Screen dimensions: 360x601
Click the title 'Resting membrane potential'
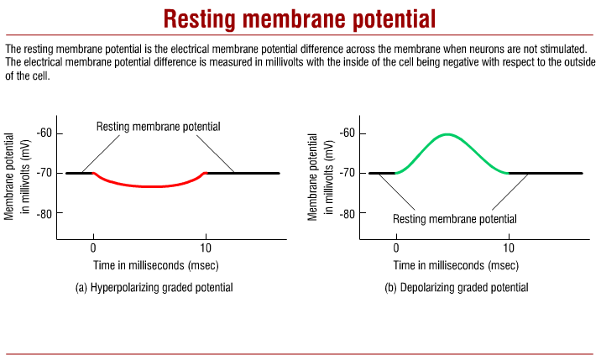pos(300,18)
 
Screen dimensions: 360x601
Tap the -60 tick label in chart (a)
pos(44,133)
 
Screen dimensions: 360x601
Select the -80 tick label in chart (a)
pos(44,213)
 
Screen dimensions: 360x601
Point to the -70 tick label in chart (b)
pos(348,173)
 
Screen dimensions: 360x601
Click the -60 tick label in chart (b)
pos(348,133)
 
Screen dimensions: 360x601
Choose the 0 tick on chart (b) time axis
pos(396,248)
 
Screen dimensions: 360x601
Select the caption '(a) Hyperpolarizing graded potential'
pos(154,287)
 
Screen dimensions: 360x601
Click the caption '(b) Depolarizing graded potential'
pos(457,287)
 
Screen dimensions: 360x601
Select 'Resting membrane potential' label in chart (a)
pos(159,127)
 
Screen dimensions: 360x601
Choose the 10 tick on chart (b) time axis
pos(509,248)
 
